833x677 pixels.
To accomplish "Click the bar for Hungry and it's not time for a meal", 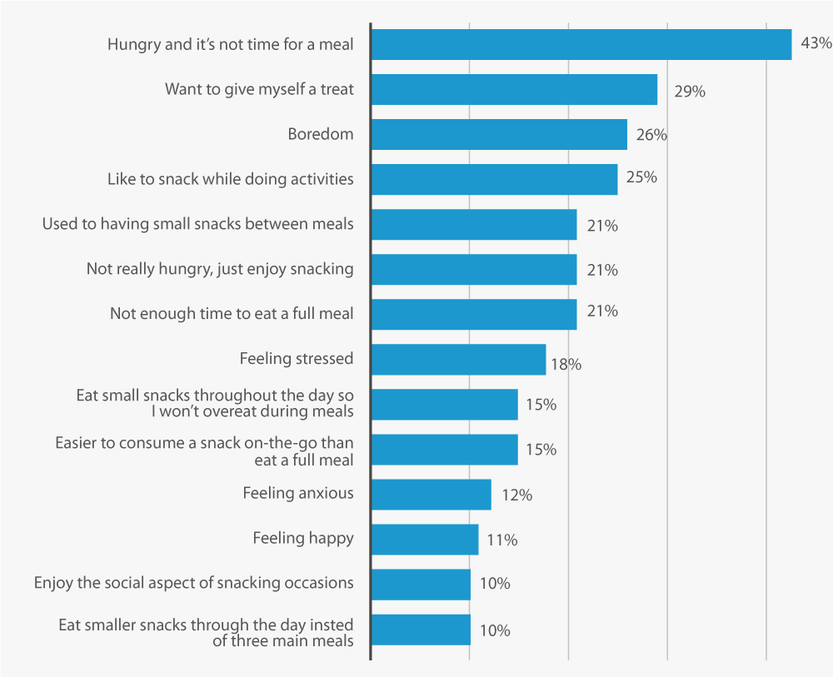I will point(581,45).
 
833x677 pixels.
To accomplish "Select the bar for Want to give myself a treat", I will point(514,90).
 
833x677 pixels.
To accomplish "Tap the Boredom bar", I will point(498,135).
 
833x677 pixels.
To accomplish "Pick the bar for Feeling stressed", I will point(458,360).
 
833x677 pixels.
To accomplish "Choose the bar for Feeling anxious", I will point(431,495).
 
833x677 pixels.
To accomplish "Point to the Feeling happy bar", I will point(425,540).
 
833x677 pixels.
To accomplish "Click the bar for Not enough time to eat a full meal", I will point(473,315).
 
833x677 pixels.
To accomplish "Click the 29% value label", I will point(689,92).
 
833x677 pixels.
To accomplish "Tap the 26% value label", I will point(651,135).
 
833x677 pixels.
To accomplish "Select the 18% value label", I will point(565,364).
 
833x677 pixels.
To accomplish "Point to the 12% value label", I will point(516,495).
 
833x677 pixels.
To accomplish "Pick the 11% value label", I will point(501,540).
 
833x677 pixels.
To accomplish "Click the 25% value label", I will point(641,177).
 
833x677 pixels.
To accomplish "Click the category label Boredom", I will point(321,134).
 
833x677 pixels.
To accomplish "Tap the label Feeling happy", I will point(303,538).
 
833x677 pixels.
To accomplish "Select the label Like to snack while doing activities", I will point(231,179).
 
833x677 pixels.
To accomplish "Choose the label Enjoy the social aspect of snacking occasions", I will point(193,583).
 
